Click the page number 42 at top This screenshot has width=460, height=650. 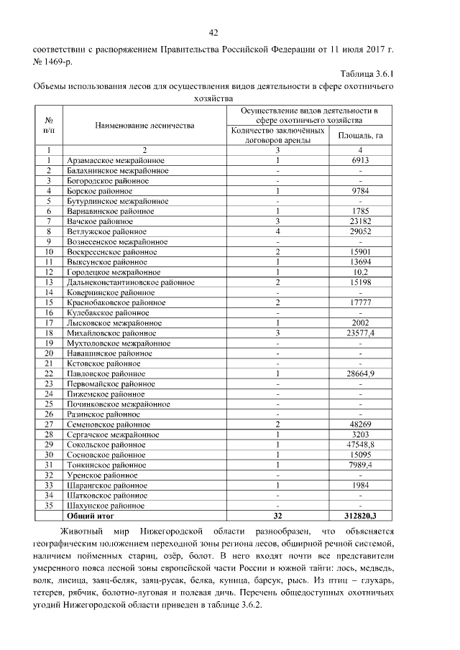213,32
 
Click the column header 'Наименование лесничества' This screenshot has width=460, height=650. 144,126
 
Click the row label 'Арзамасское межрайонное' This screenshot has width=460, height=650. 116,160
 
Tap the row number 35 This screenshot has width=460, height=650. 49,506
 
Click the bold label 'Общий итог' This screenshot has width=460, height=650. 90,516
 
